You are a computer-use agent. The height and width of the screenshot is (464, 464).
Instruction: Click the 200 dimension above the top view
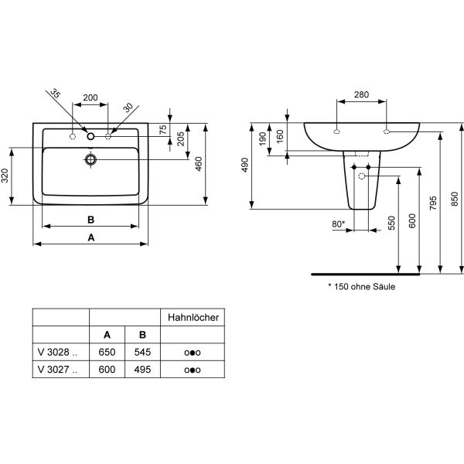tap(90, 97)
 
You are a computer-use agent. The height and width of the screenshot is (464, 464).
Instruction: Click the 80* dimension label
tap(338, 225)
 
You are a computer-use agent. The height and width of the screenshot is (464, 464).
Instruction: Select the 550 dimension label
tap(391, 223)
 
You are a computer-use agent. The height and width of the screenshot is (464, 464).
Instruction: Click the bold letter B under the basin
tap(90, 219)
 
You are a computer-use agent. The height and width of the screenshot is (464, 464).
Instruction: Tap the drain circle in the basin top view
tap(90, 160)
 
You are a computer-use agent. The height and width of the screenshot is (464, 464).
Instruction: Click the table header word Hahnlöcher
tap(193, 317)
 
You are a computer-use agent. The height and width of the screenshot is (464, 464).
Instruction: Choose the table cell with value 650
tap(107, 351)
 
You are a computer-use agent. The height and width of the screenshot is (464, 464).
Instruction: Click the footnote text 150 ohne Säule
tap(364, 286)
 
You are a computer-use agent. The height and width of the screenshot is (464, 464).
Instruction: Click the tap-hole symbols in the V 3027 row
tap(193, 370)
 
